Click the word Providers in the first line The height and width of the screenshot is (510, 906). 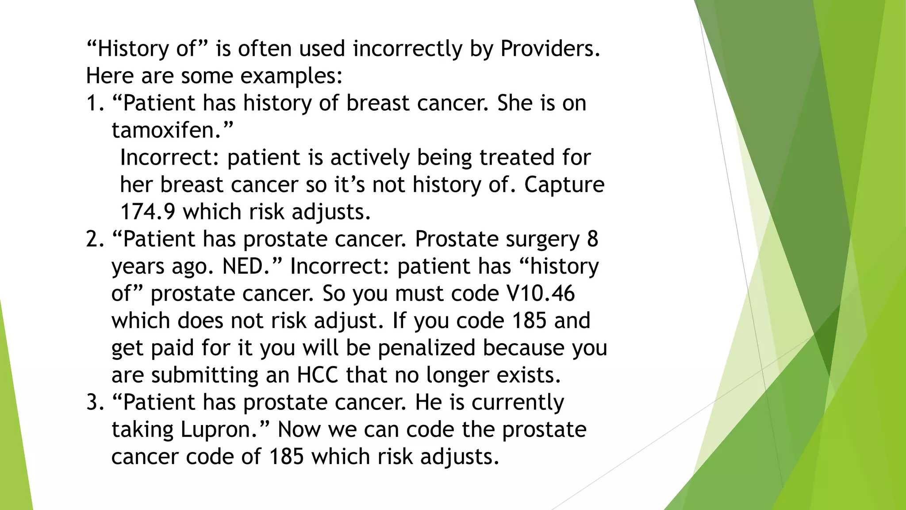click(x=549, y=49)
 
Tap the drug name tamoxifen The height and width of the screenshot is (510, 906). click(x=166, y=130)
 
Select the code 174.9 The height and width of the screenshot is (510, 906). click(x=148, y=212)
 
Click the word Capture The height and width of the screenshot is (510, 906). click(x=564, y=185)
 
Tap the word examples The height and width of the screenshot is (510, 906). click(x=288, y=76)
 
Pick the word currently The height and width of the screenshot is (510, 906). click(x=518, y=402)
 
